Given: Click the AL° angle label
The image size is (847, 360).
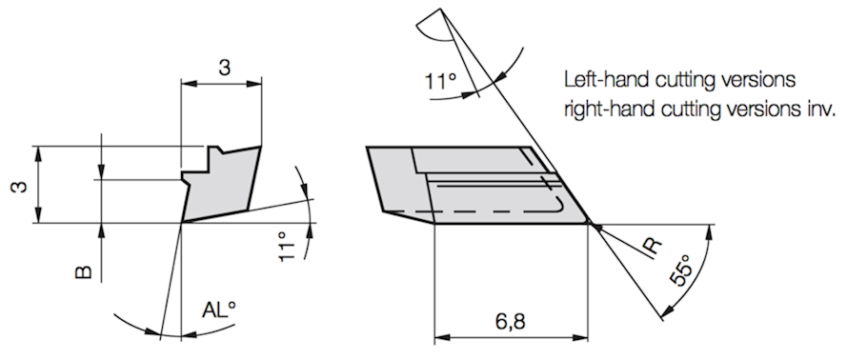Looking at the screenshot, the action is click(x=219, y=310).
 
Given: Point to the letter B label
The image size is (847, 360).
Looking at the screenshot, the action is click(x=83, y=272).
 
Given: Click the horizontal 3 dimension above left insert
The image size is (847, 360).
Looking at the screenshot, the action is click(x=223, y=69).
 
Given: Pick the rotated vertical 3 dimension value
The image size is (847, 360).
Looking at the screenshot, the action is click(x=20, y=189).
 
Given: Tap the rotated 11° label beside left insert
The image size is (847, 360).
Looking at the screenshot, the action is click(x=289, y=247).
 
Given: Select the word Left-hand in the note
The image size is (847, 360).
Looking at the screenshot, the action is click(x=604, y=80).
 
